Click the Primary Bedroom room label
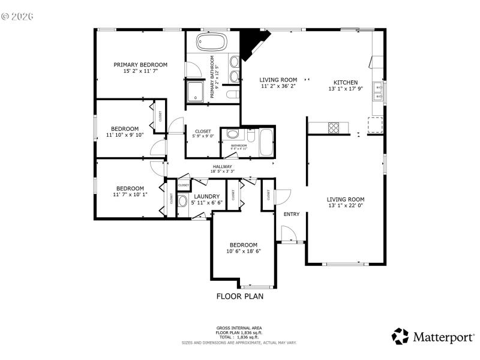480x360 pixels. click(140, 64)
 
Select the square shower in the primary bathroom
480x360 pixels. click(196, 91)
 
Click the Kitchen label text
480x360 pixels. click(346, 82)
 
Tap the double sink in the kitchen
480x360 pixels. click(378, 91)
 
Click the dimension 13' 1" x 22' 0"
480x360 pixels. click(346, 206)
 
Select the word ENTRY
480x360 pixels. click(291, 214)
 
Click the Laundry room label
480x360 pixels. click(206, 196)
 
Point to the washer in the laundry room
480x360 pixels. click(184, 202)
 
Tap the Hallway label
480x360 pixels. click(222, 167)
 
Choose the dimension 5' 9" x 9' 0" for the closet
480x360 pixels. click(203, 136)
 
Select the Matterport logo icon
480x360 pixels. click(400, 337)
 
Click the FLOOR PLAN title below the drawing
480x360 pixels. click(239, 296)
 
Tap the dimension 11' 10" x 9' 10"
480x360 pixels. click(125, 135)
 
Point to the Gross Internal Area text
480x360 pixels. click(239, 328)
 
